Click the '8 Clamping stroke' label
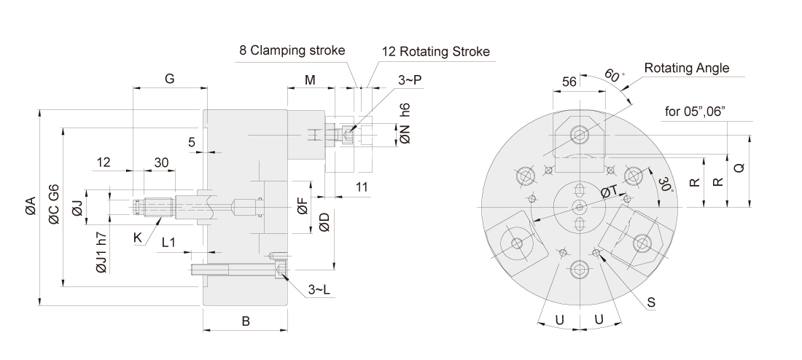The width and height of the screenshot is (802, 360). click(292, 52)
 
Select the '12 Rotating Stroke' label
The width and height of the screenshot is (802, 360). click(435, 52)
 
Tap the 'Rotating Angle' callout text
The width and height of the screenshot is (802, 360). click(686, 69)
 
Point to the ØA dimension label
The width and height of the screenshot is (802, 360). click(29, 207)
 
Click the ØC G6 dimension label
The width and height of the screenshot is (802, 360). click(54, 207)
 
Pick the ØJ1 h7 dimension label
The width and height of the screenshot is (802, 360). click(101, 252)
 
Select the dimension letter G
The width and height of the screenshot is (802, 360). click(169, 79)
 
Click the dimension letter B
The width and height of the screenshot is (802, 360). click(246, 321)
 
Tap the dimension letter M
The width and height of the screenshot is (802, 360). click(310, 79)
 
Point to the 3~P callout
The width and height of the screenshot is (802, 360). click(409, 79)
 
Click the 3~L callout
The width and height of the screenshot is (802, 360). click(319, 290)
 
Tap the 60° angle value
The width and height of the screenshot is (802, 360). click(613, 75)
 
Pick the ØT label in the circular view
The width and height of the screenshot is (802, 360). click(610, 191)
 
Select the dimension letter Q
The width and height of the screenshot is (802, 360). click(739, 167)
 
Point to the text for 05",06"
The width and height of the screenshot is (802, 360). click(695, 111)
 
